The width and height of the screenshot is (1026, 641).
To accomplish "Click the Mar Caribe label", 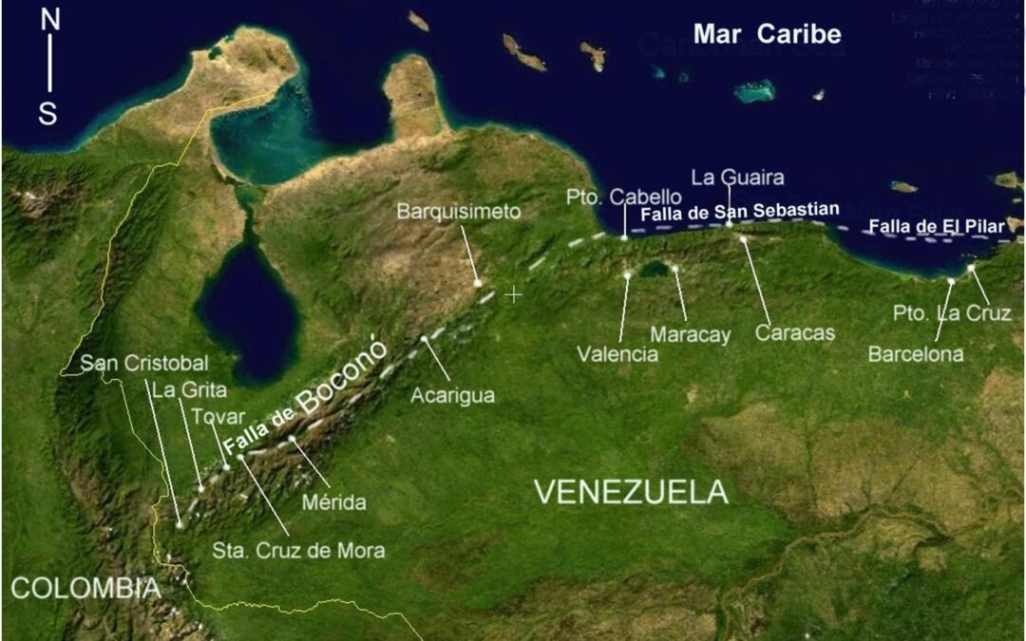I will (767, 35).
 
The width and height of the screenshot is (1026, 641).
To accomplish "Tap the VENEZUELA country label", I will (631, 492).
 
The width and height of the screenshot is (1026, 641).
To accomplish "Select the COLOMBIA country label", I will (85, 588).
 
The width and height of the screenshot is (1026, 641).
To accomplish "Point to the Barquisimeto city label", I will (459, 211).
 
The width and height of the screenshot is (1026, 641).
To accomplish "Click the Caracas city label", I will (795, 333).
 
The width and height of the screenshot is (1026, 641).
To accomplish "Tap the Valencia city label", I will (617, 354).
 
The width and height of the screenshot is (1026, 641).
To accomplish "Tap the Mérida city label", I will (334, 502).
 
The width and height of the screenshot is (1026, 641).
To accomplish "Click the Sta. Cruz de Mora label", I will (297, 550).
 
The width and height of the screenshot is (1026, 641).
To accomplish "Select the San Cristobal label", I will (143, 364).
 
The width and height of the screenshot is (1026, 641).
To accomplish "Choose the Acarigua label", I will (452, 396).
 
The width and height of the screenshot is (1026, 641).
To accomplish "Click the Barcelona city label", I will (916, 354).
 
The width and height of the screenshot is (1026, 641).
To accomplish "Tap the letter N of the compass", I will (49, 22).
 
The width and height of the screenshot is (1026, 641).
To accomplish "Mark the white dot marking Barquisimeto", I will (478, 283).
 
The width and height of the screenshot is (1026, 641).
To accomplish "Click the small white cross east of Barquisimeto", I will (514, 294).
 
